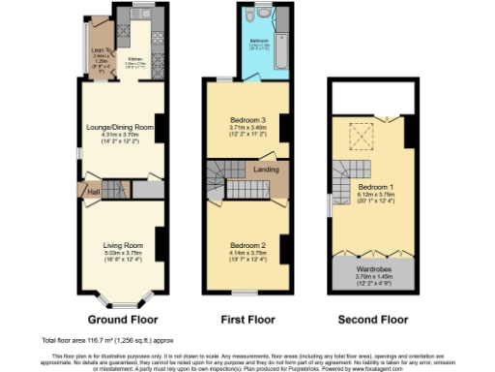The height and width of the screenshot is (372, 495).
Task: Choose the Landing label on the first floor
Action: pos(267,170)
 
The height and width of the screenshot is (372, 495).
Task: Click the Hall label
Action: pos(94,192)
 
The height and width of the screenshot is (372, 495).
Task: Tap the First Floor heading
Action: pos(244,319)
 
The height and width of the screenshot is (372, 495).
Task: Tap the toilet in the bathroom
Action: pos(248,18)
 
